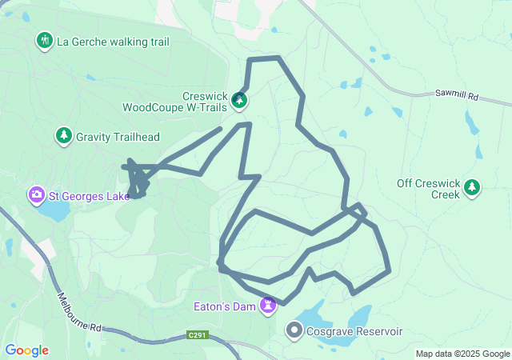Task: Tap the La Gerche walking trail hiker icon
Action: (x=45, y=40)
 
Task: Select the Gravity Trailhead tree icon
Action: (x=63, y=137)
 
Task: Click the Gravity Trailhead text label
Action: (x=118, y=137)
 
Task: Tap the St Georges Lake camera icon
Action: (x=36, y=195)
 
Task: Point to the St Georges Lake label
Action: (x=88, y=195)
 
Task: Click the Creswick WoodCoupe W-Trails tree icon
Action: (x=239, y=101)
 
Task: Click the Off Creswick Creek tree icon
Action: (x=472, y=188)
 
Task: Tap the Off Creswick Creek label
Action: (x=429, y=189)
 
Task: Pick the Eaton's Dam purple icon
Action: (x=268, y=306)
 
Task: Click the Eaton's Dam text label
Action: (x=224, y=306)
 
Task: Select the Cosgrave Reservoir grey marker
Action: (x=294, y=330)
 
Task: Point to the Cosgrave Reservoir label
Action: (x=346, y=331)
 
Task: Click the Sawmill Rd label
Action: (x=457, y=95)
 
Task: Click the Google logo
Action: (x=26, y=350)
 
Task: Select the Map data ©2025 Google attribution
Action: (x=462, y=354)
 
